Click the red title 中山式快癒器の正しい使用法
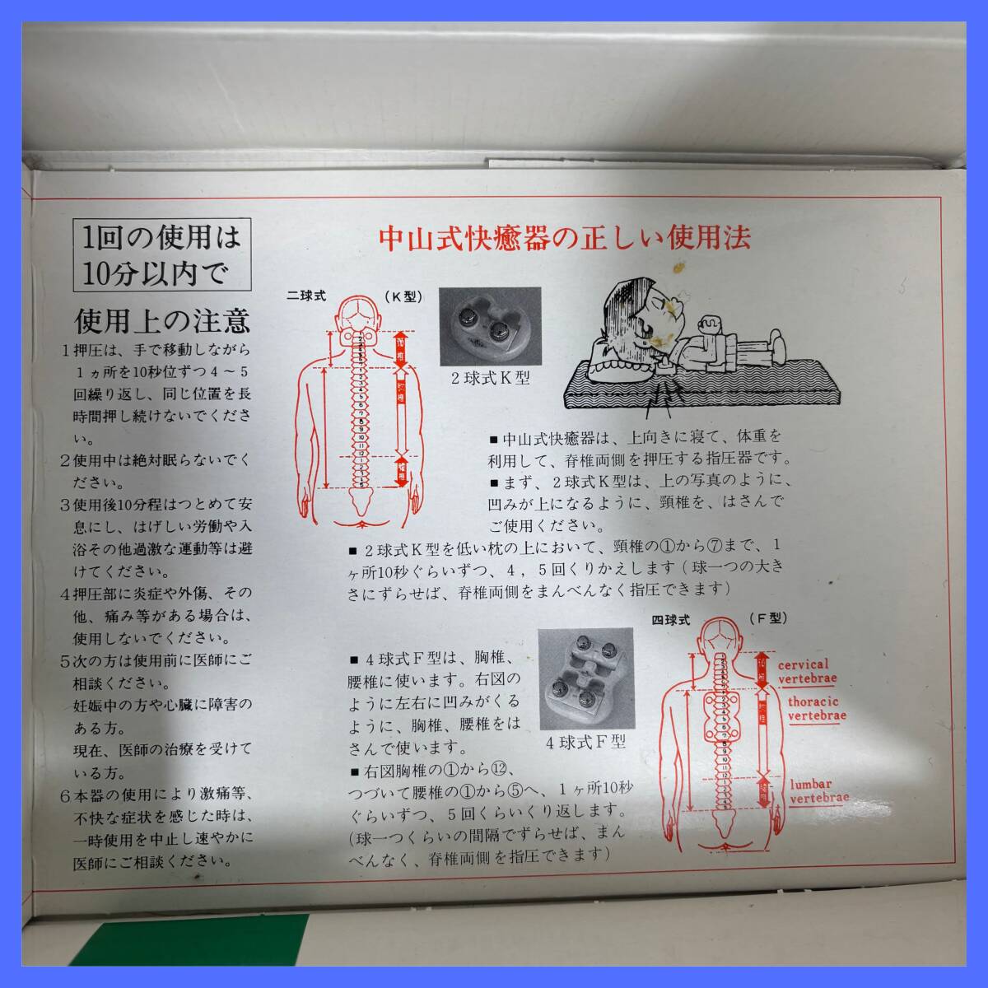coord(565,238)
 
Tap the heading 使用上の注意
coord(163,319)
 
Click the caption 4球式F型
coord(585,742)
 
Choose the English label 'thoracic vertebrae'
coord(817,709)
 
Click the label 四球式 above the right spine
coord(669,617)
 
